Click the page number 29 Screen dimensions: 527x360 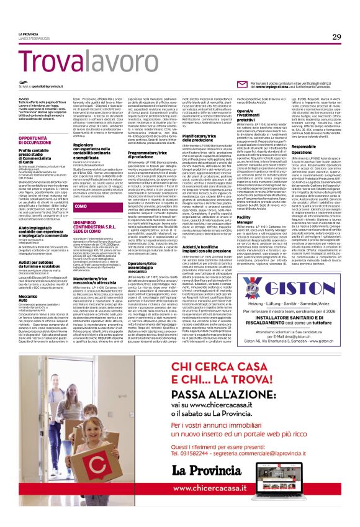tap(336, 37)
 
